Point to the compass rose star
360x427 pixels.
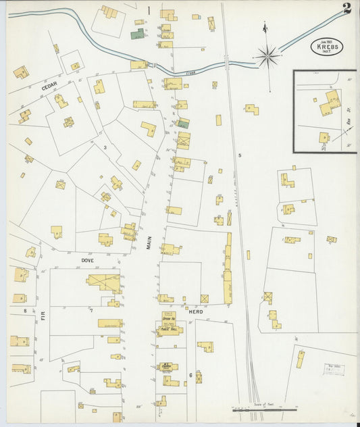[x=268, y=55]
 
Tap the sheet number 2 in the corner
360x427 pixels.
[x=346, y=8]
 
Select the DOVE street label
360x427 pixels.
[x=87, y=259]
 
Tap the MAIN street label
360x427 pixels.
[x=150, y=242]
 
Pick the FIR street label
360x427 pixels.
[x=43, y=313]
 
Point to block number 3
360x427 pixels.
[x=105, y=147]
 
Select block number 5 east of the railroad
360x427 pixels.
[x=239, y=155]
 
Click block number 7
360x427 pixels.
[x=91, y=310]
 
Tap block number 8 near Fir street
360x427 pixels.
[x=26, y=310]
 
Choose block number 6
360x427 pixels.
[x=190, y=375]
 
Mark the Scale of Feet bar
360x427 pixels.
[x=263, y=409]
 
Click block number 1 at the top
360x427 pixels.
[x=148, y=9]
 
